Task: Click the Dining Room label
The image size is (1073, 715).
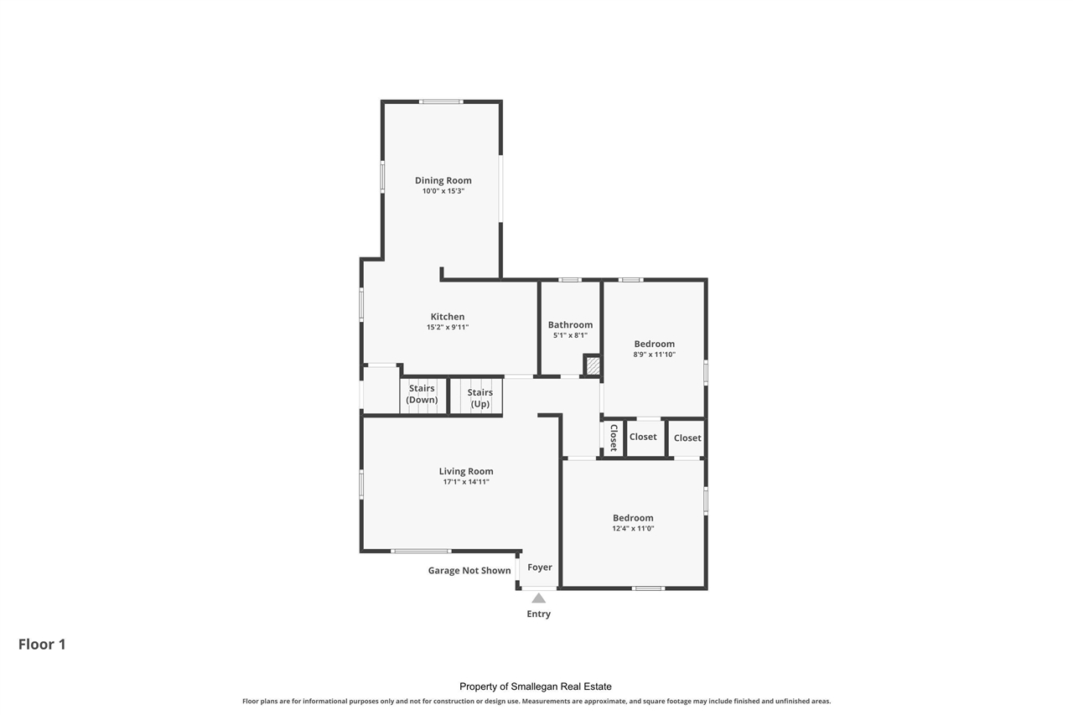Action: pos(443,180)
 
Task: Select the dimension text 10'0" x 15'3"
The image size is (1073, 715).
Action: pos(443,191)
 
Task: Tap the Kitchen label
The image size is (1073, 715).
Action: pos(448,317)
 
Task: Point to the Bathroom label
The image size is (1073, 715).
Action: pos(570,324)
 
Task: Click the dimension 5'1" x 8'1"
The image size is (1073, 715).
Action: pos(570,335)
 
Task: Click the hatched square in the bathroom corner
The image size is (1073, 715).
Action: pos(593,365)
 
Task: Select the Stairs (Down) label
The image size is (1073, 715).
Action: pos(422,394)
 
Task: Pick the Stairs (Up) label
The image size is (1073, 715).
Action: pos(479,398)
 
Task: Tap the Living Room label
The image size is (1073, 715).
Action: pos(466,471)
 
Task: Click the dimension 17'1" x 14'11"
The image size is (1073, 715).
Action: pos(466,482)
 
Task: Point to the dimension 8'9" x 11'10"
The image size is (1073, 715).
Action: pos(654,355)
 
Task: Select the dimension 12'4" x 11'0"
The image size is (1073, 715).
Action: pos(633,529)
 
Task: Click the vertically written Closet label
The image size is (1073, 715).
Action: pos(614,438)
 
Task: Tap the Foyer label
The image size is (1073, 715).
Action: pos(539,567)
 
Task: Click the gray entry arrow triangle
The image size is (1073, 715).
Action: pos(538,598)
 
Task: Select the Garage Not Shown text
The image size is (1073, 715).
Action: pos(469,571)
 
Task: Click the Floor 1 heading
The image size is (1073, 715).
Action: pos(42,645)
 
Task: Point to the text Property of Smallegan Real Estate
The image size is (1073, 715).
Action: pos(536,687)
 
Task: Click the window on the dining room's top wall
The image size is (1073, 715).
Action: pos(441,101)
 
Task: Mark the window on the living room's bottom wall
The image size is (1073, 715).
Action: pos(421,551)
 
